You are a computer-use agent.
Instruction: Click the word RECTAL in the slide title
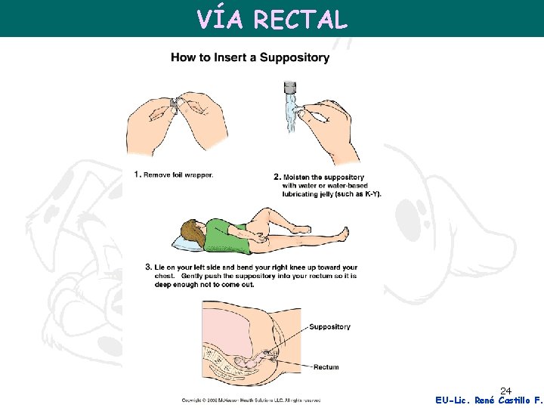coord(301,20)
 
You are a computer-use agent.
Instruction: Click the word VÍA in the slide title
coord(220,20)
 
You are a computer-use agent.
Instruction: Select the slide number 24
coord(506,391)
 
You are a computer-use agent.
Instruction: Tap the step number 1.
coord(137,175)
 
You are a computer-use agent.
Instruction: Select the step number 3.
coord(148,267)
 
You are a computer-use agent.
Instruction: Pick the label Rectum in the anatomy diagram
coord(326,367)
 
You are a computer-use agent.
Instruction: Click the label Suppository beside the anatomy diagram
coord(329,327)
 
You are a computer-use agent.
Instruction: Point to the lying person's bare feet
coord(344,233)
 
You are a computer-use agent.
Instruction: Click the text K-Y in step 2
coord(369,193)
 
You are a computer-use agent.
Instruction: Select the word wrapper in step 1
coord(199,175)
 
